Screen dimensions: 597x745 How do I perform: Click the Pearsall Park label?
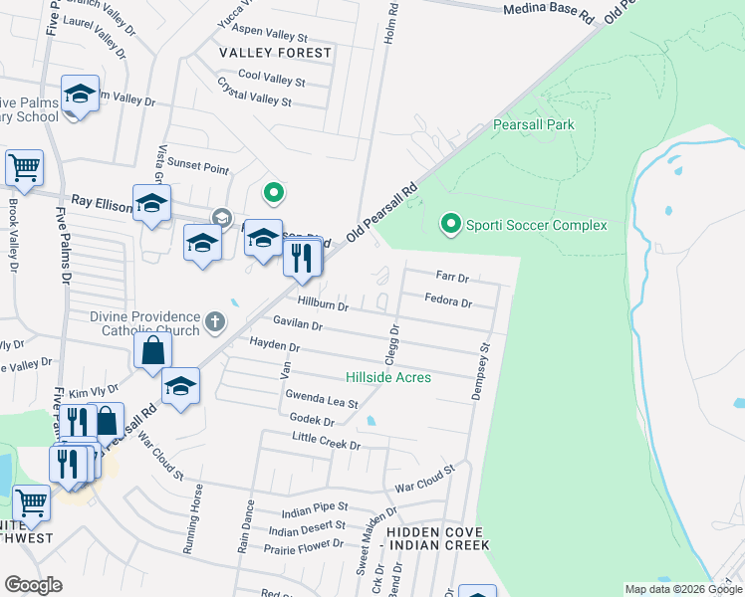click(x=533, y=125)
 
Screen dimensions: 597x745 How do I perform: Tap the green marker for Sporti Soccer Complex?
click(x=451, y=225)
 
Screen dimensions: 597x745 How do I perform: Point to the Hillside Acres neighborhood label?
click(x=387, y=377)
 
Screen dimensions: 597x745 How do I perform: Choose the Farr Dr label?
click(x=452, y=276)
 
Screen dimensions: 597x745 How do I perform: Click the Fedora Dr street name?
click(x=447, y=299)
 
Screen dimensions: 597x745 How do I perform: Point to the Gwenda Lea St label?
click(x=321, y=399)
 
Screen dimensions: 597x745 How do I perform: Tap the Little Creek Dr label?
click(x=326, y=441)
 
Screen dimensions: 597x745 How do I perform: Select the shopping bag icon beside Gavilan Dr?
click(x=153, y=350)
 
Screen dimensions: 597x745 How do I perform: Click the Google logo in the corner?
click(x=33, y=584)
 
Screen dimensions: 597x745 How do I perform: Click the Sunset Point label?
click(x=197, y=169)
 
